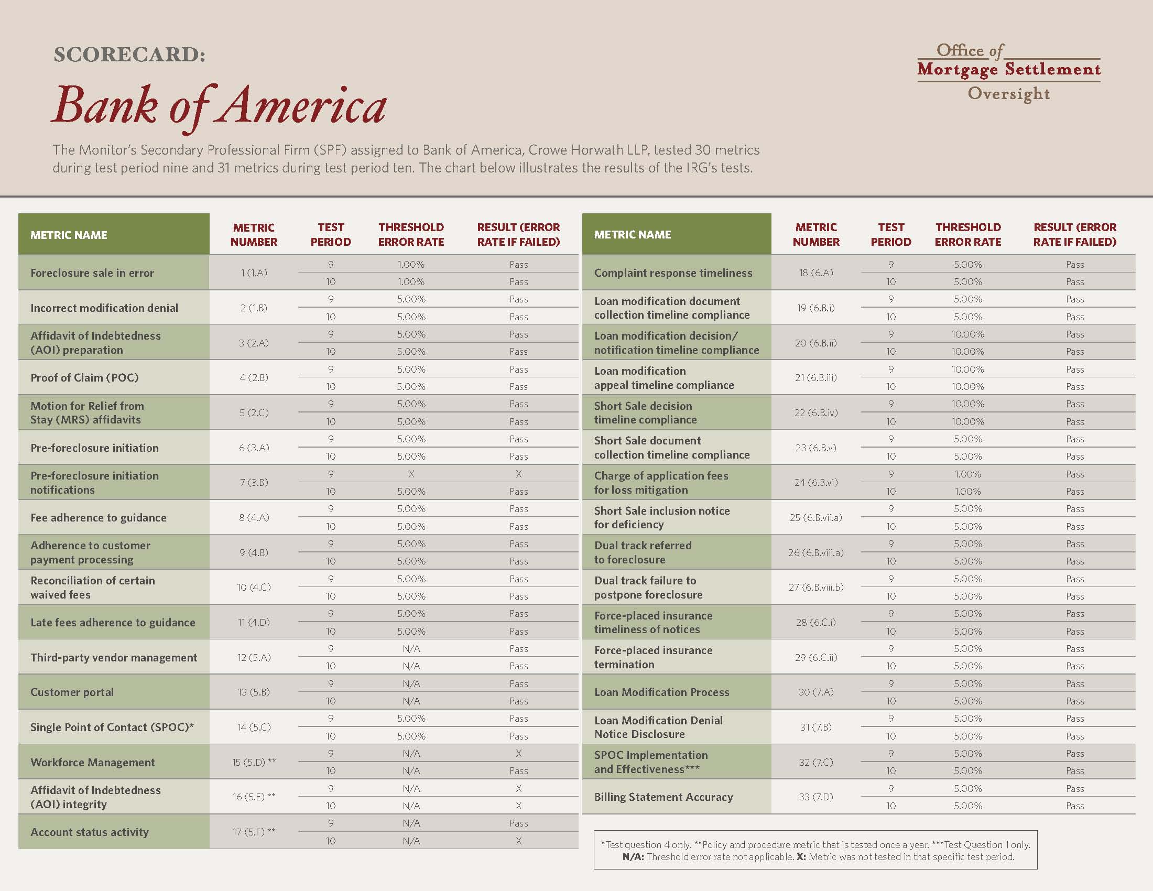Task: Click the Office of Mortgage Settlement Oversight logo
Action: coord(1009,72)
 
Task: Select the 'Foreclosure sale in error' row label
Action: coord(92,273)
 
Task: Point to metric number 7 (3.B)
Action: coord(254,482)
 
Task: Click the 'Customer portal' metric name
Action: coord(72,692)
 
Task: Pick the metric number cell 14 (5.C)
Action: coord(254,727)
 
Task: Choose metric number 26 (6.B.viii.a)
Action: coord(815,552)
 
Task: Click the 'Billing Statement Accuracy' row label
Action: coord(663,797)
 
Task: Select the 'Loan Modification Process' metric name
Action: coord(661,692)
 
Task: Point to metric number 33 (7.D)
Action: coord(815,797)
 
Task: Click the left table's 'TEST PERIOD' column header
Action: coord(331,234)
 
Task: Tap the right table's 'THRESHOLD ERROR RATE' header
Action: coord(967,234)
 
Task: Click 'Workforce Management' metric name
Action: coord(92,762)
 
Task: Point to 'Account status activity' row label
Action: coord(89,832)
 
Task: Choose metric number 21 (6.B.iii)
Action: coord(815,377)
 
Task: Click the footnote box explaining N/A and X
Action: coord(815,850)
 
